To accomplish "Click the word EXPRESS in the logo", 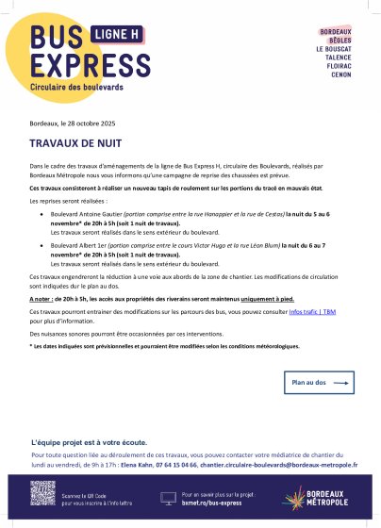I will [83, 64].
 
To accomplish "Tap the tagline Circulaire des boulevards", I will [83, 86].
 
